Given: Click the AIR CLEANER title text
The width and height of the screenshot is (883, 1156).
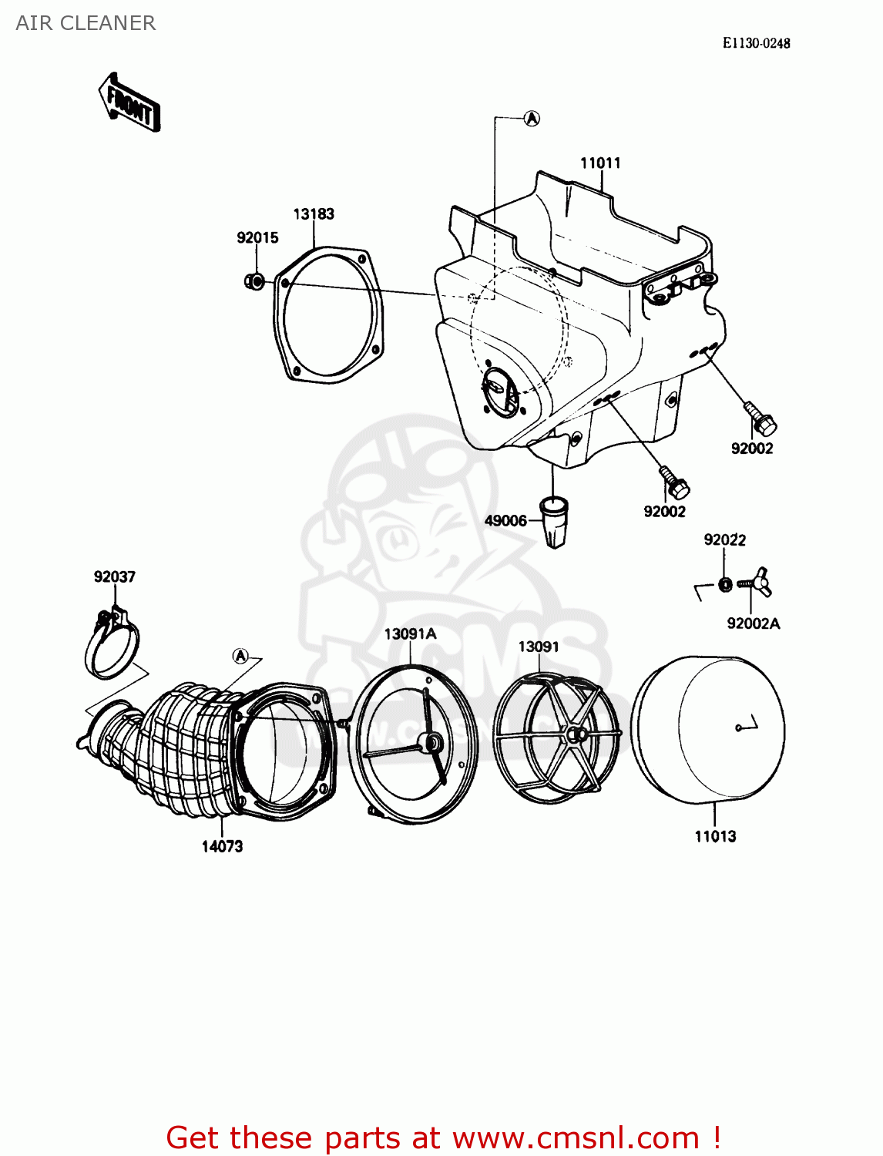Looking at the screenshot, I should pyautogui.click(x=86, y=23).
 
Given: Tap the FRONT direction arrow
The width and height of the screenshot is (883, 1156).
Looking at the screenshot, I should pyautogui.click(x=129, y=104).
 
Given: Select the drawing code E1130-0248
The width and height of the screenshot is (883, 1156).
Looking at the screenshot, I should pyautogui.click(x=756, y=43).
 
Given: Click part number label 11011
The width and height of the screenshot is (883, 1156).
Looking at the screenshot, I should pyautogui.click(x=600, y=163).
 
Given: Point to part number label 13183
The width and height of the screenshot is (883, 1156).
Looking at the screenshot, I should pyautogui.click(x=314, y=213).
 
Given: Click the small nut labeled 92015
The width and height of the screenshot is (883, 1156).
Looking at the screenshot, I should pyautogui.click(x=253, y=281).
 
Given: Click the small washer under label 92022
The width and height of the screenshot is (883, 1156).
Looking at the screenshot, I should pyautogui.click(x=725, y=584).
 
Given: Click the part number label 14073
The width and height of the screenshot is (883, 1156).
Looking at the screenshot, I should pyautogui.click(x=222, y=846).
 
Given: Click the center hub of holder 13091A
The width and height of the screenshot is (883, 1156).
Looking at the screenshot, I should pyautogui.click(x=430, y=743).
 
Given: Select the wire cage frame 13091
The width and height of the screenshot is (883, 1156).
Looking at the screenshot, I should pyautogui.click(x=556, y=735).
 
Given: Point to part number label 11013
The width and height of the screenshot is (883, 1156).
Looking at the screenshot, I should pyautogui.click(x=715, y=836).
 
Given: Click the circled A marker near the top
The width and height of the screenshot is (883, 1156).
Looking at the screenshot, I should pyautogui.click(x=532, y=118).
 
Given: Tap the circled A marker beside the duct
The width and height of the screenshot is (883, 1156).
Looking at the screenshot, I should pyautogui.click(x=240, y=656).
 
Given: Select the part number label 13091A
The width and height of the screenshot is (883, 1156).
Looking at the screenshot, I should pyautogui.click(x=410, y=633).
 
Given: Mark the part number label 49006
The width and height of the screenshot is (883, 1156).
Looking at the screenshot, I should pyautogui.click(x=505, y=520).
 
